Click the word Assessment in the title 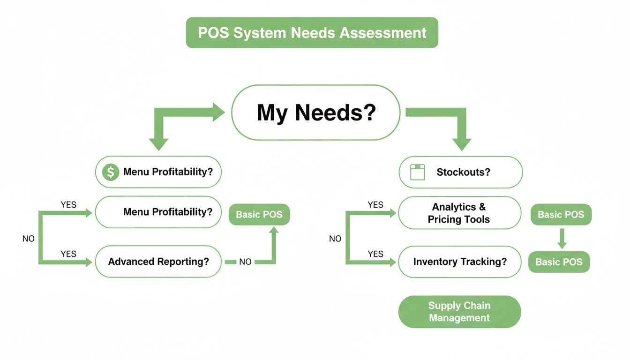pyautogui.click(x=383, y=33)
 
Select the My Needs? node pyautogui.click(x=316, y=112)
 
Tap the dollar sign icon pyautogui.click(x=111, y=172)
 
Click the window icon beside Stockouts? pyautogui.click(x=417, y=172)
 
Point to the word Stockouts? pyautogui.click(x=463, y=172)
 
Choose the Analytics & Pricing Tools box pyautogui.click(x=459, y=213)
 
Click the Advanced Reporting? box pyautogui.click(x=158, y=262)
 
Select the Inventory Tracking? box pyautogui.click(x=459, y=262)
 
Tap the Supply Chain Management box pyautogui.click(x=459, y=312)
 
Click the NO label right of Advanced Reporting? pyautogui.click(x=245, y=262)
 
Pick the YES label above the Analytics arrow pyautogui.click(x=375, y=205)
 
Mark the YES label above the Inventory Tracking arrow pyautogui.click(x=375, y=254)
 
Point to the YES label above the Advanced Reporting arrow pyautogui.click(x=68, y=254)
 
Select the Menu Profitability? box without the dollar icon pyautogui.click(x=158, y=212)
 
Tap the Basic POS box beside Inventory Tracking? pyautogui.click(x=559, y=262)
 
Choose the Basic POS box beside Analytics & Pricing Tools pyautogui.click(x=561, y=215)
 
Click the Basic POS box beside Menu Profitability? pyautogui.click(x=259, y=215)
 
